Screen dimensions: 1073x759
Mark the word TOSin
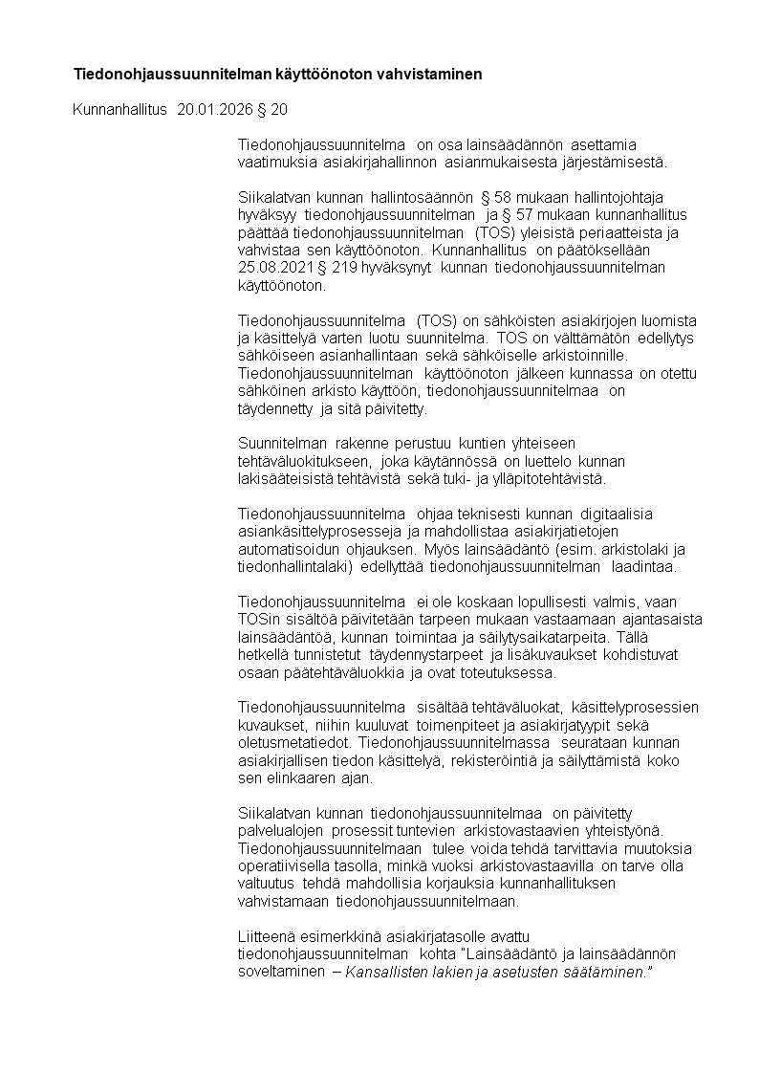click(x=257, y=619)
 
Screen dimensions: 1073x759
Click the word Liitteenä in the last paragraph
click(x=268, y=936)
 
